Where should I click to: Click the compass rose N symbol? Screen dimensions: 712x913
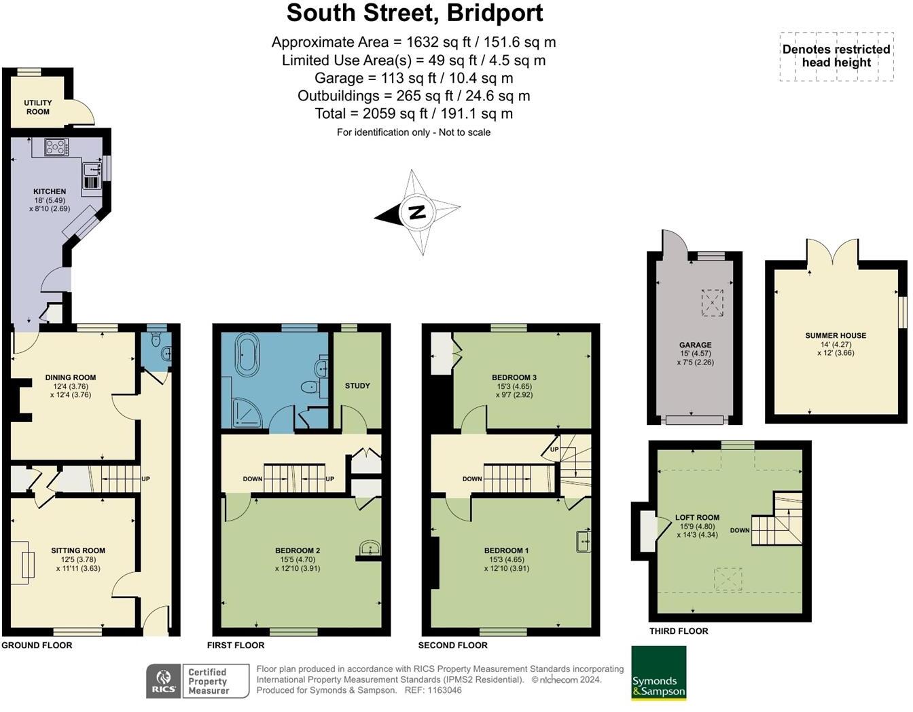point(417,212)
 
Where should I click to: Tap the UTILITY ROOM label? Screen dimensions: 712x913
point(38,107)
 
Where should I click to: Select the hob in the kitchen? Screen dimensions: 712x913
point(55,147)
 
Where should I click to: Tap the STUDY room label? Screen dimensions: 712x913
point(357,386)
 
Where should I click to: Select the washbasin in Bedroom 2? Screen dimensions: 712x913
point(370,548)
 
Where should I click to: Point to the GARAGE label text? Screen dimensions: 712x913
point(695,345)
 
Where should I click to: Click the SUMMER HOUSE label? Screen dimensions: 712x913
point(836,335)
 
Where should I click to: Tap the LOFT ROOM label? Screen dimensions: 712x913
point(697,517)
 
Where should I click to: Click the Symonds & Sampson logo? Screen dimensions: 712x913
point(658,673)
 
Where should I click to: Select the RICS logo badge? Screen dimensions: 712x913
point(164,681)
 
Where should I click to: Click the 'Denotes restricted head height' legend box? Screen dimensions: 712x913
point(836,56)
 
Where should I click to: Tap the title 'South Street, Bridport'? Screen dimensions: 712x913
point(414,13)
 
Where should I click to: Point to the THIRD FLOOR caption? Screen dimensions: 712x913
point(678,631)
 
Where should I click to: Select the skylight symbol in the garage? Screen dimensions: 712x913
point(711,303)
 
